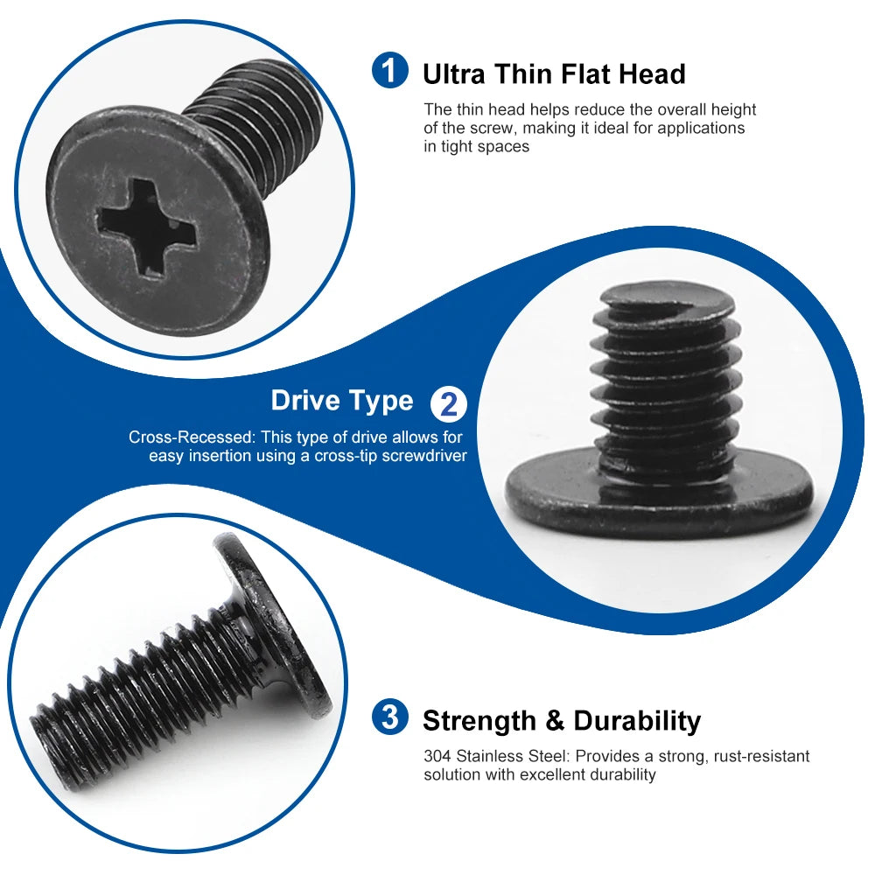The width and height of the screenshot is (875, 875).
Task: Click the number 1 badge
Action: tap(389, 71)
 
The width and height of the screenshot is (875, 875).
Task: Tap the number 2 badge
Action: tap(449, 404)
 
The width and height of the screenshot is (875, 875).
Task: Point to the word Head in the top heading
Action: tap(652, 73)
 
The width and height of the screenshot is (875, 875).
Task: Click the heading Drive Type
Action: tap(341, 401)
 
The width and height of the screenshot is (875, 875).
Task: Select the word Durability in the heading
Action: tap(637, 721)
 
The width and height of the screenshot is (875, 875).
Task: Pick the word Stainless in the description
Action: tap(489, 756)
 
